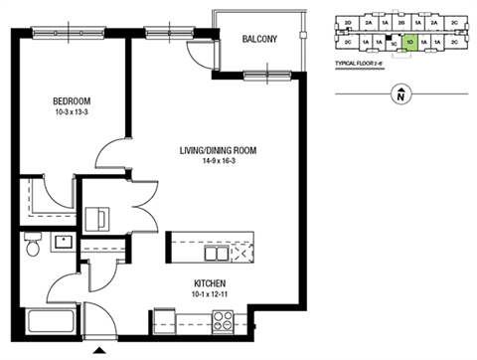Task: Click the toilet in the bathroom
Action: coord(32,245)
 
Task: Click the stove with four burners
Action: coord(224,320)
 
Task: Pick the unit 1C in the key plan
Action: coord(394,44)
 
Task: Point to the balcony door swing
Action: coord(205,56)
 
